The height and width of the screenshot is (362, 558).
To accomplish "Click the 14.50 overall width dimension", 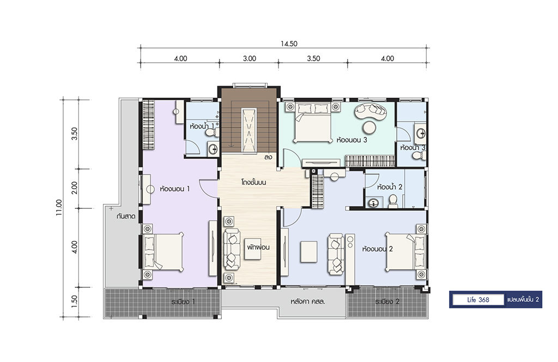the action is click(x=289, y=44).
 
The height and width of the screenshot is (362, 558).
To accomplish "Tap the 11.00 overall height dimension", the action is click(x=59, y=208).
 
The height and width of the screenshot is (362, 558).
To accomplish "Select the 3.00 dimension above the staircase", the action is click(x=250, y=58).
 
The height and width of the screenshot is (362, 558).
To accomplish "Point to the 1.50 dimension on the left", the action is click(x=74, y=302).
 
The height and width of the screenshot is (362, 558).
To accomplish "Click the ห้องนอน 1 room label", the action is click(x=175, y=189).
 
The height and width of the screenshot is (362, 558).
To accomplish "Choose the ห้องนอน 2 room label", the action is click(x=377, y=249).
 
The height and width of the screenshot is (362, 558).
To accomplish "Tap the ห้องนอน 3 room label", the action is click(x=351, y=140).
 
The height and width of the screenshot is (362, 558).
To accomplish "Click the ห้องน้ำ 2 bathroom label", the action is click(x=390, y=187).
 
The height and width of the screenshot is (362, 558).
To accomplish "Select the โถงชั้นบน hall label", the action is click(x=253, y=182).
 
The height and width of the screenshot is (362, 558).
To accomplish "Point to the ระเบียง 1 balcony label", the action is click(x=183, y=302).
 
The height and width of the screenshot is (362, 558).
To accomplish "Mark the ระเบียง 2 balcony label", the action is click(x=387, y=302).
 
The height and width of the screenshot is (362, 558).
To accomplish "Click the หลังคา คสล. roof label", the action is click(x=308, y=302).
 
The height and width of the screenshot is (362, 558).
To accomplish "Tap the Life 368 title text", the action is click(x=478, y=300).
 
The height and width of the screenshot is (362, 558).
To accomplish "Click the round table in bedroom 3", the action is click(x=369, y=127).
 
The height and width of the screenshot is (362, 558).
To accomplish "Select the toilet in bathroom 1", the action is click(x=212, y=133).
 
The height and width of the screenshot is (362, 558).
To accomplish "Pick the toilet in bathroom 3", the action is click(x=419, y=155).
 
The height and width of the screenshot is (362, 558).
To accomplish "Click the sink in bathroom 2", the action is click(x=374, y=203).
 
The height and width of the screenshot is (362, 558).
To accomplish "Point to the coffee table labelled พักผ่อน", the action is click(x=256, y=249).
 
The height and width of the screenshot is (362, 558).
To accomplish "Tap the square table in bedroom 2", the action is click(x=308, y=252).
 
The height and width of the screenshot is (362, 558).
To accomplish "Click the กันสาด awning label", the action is click(x=126, y=216).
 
